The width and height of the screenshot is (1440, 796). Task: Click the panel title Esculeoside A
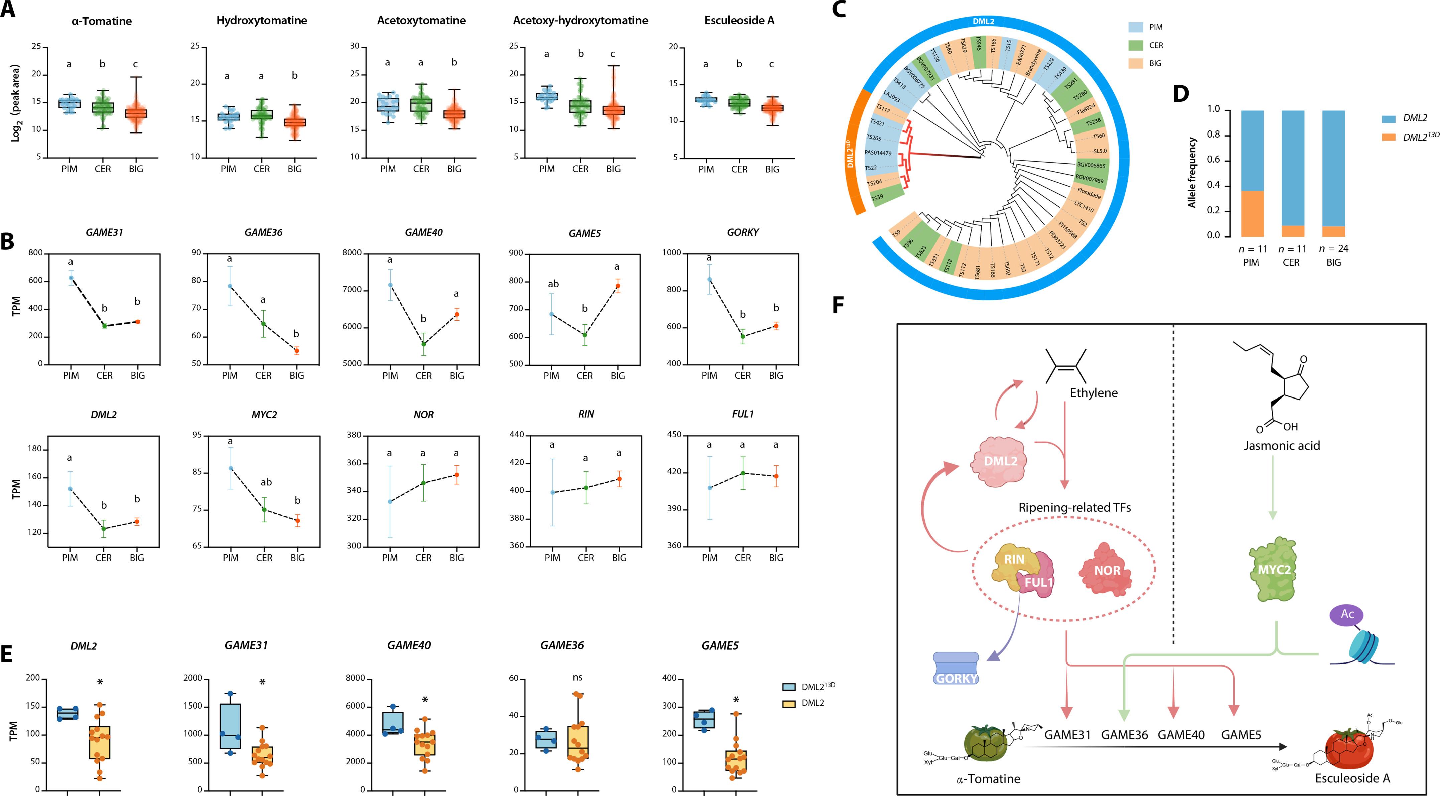pos(739,21)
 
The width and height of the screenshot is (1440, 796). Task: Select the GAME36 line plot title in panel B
pos(263,232)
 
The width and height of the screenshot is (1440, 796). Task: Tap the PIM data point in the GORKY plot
pos(709,279)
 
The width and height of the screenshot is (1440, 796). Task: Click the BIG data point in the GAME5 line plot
pos(618,286)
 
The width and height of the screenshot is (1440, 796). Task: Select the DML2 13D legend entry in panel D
pos(1420,136)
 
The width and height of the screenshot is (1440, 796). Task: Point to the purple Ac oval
pos(1347,614)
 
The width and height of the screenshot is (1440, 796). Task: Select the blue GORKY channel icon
pos(957,668)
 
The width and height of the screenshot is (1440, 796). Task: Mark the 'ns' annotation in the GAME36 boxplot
pos(577,678)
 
